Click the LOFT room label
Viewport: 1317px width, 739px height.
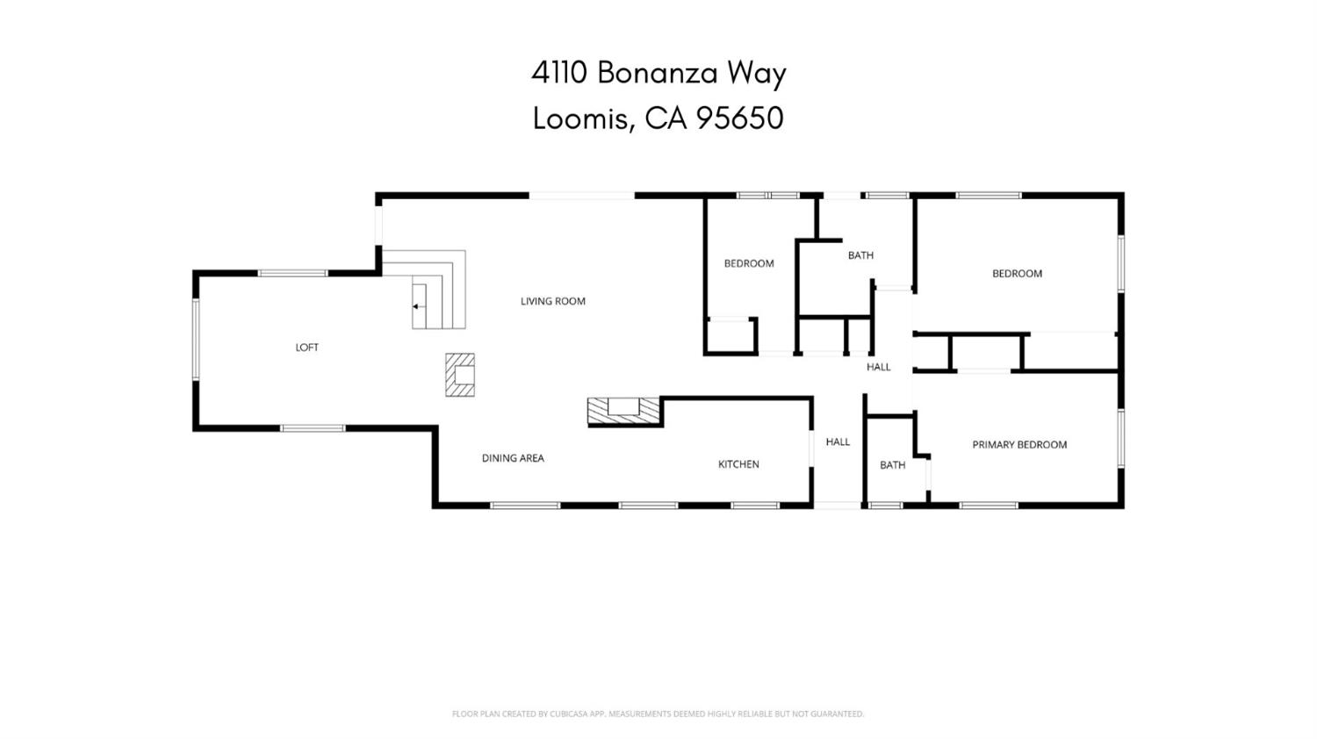pyautogui.click(x=306, y=348)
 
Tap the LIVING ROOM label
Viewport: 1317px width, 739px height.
pyautogui.click(x=552, y=301)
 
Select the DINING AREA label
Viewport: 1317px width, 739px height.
pyautogui.click(x=513, y=458)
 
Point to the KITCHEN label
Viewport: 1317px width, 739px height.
pyautogui.click(x=738, y=464)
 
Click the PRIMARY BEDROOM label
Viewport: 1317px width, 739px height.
pyautogui.click(x=1019, y=445)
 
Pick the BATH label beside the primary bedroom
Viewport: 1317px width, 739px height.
pyautogui.click(x=892, y=465)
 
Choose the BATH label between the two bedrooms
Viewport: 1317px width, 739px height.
pyautogui.click(x=860, y=255)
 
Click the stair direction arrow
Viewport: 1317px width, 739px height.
pyautogui.click(x=416, y=306)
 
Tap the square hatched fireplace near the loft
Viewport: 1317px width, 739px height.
pyautogui.click(x=460, y=375)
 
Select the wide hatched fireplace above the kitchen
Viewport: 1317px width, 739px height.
pyautogui.click(x=623, y=410)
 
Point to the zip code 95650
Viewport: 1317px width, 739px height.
pyautogui.click(x=739, y=118)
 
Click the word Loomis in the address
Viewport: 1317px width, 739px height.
pyautogui.click(x=582, y=118)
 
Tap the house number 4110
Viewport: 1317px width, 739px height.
pyautogui.click(x=558, y=73)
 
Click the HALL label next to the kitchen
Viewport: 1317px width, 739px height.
pyautogui.click(x=838, y=442)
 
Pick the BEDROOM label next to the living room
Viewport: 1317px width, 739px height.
pyautogui.click(x=749, y=263)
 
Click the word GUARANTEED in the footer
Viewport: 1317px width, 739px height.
pyautogui.click(x=838, y=714)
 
